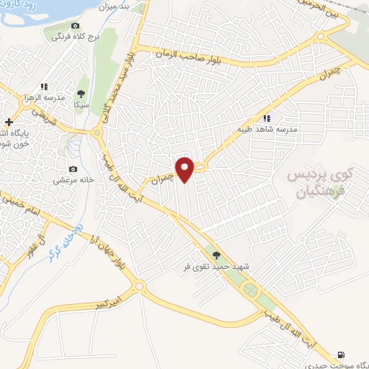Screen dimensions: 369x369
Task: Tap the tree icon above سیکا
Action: click(x=81, y=94)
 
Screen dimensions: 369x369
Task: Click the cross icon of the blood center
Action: click(x=8, y=122)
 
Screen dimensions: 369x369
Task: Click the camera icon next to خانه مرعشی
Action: click(x=73, y=169)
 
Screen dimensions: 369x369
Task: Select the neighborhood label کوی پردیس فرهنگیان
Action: click(x=321, y=184)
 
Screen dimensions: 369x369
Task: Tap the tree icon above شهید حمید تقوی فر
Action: click(x=215, y=254)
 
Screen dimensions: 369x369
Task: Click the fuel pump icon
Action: click(x=341, y=355)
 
